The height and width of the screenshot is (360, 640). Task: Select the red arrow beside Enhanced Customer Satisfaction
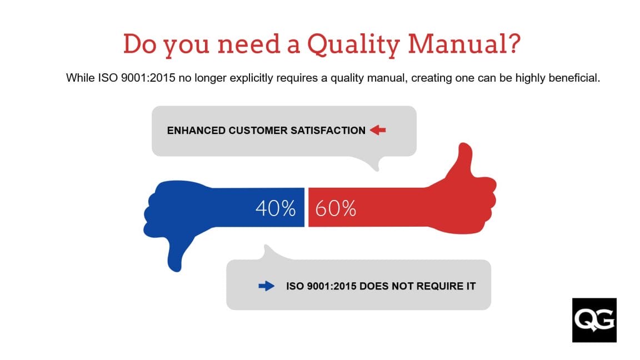[378, 131]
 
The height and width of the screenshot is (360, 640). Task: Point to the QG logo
[594, 320]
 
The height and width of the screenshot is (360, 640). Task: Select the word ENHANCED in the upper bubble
[196, 131]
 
